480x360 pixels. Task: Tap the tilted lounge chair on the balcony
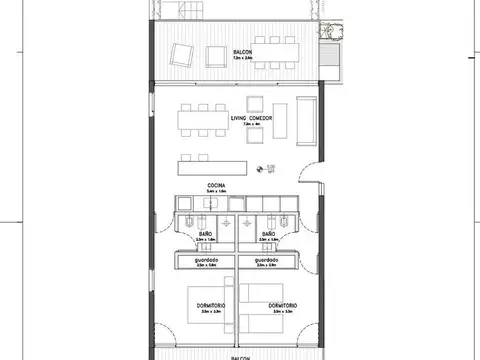[181, 54]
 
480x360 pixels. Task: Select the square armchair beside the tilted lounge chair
[211, 54]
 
